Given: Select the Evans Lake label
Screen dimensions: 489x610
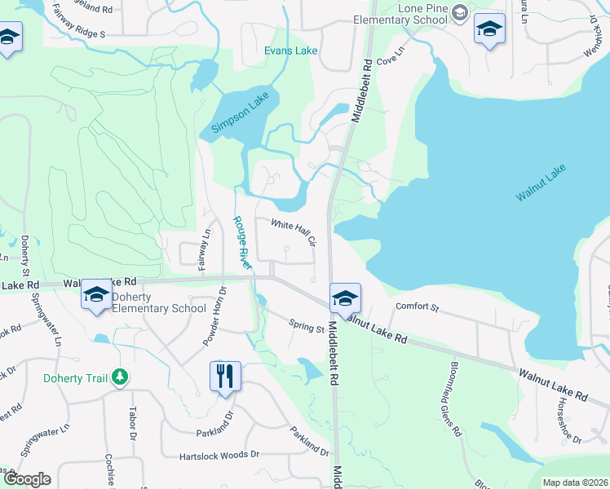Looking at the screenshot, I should click(x=290, y=51).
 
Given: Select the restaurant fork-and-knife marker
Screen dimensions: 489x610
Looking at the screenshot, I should click(x=225, y=376).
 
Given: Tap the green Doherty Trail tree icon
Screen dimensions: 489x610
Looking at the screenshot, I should click(x=120, y=377).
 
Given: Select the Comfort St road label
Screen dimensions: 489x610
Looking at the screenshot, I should click(x=417, y=308).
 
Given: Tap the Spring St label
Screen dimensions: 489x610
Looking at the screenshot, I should click(x=307, y=326).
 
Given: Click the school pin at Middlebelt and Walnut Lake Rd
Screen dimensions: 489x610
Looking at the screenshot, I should click(x=345, y=298).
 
